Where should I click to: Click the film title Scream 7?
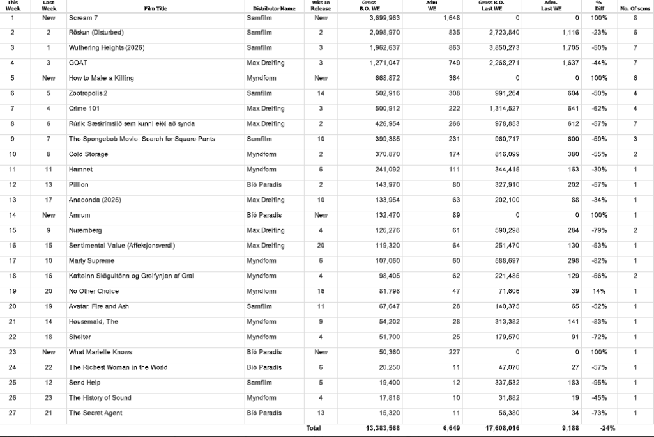point(83,17)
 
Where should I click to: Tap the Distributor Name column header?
point(274,8)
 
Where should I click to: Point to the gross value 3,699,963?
point(384,17)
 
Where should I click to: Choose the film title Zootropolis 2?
point(88,93)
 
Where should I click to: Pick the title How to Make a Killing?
point(101,78)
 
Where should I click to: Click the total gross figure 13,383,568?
point(383,428)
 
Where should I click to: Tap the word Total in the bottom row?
point(313,428)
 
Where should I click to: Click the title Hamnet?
point(80,170)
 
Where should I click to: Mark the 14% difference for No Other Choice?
point(600,291)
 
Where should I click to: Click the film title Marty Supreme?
point(91,261)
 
